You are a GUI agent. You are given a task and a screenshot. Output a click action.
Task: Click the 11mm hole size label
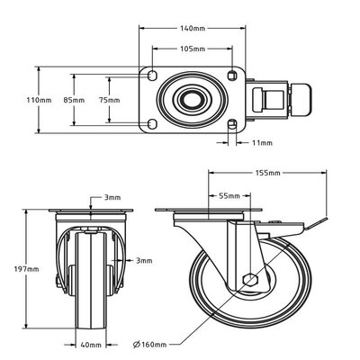(x=262, y=141)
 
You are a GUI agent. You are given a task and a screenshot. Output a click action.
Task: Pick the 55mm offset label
(x=229, y=194)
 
